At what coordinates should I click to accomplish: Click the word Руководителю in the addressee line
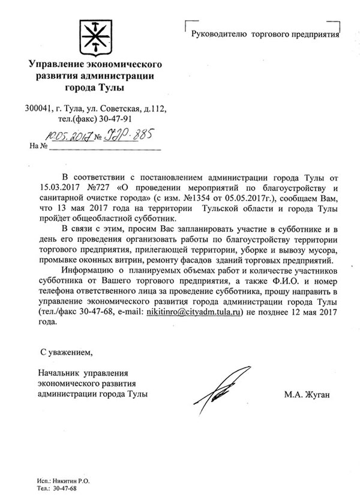(x=219, y=35)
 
